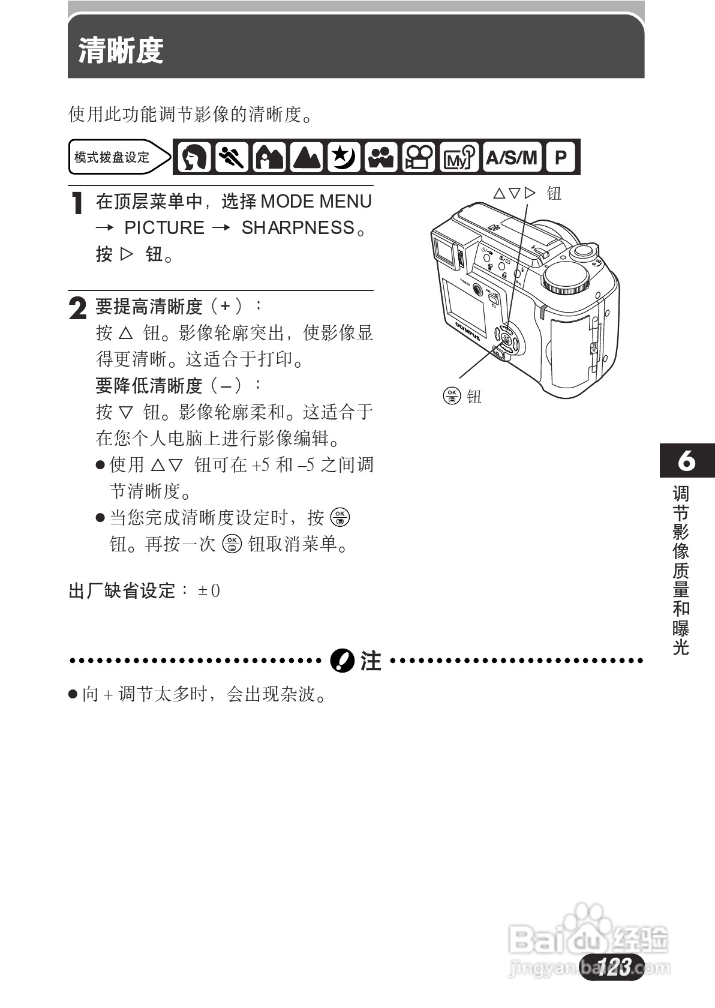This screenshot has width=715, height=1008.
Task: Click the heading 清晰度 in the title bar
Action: (121, 50)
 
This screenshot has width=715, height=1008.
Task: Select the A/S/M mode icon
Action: (511, 158)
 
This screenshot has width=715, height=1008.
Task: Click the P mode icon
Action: (561, 158)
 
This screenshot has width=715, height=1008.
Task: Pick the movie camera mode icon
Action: (419, 158)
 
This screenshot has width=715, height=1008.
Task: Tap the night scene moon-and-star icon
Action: (344, 158)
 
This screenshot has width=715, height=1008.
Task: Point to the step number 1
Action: (77, 204)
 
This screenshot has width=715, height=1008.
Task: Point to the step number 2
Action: (78, 308)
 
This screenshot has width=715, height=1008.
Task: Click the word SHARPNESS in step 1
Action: (298, 228)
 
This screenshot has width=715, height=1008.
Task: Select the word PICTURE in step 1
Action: (164, 228)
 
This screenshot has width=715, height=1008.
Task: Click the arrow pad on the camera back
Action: (506, 340)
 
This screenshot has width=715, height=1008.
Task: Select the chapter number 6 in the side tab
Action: (686, 461)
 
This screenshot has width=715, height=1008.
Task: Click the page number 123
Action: (612, 967)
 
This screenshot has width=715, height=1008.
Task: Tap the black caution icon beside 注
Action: (342, 661)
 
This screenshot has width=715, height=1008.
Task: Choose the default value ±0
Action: (209, 591)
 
